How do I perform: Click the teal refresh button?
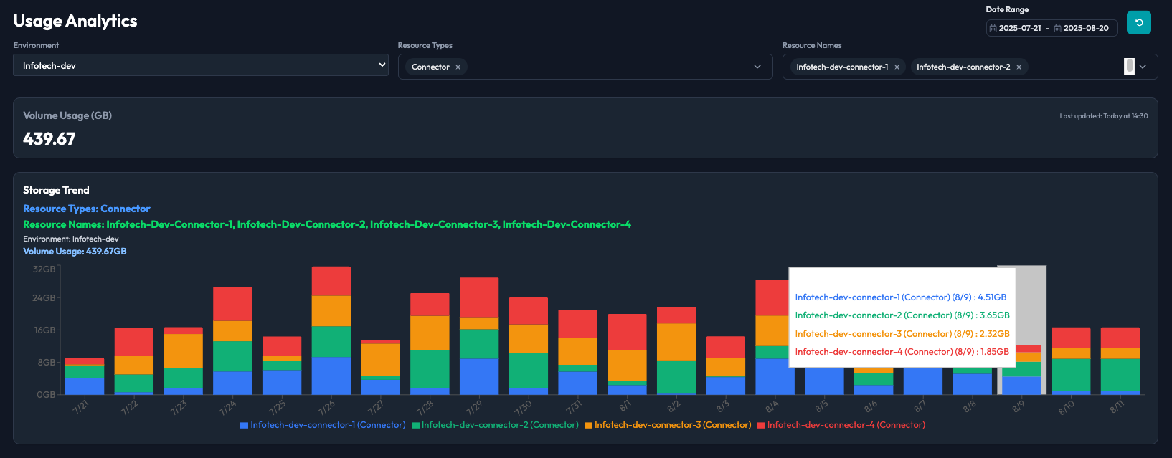tap(1138, 22)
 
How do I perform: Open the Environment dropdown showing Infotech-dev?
tap(200, 65)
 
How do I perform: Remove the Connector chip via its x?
tap(458, 67)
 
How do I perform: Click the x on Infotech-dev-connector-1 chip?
tap(897, 67)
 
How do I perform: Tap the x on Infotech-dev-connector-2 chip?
tap(1019, 67)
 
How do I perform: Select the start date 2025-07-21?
tap(1020, 28)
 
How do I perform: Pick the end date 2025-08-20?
tap(1086, 28)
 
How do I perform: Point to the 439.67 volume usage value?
tap(49, 138)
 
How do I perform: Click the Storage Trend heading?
tap(56, 190)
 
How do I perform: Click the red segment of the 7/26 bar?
tap(331, 281)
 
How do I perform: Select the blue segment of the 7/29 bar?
tap(479, 376)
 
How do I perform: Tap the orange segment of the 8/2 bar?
tap(676, 342)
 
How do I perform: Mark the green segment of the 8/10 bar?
tap(1071, 375)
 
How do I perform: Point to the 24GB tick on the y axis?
tap(44, 298)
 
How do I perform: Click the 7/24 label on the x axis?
tap(227, 408)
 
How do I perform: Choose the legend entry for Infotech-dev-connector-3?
tap(668, 425)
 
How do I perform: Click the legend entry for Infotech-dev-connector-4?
tap(841, 425)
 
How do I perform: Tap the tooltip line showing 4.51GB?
tap(900, 297)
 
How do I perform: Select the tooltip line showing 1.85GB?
tap(902, 352)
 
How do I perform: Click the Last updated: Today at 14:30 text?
tap(1103, 116)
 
